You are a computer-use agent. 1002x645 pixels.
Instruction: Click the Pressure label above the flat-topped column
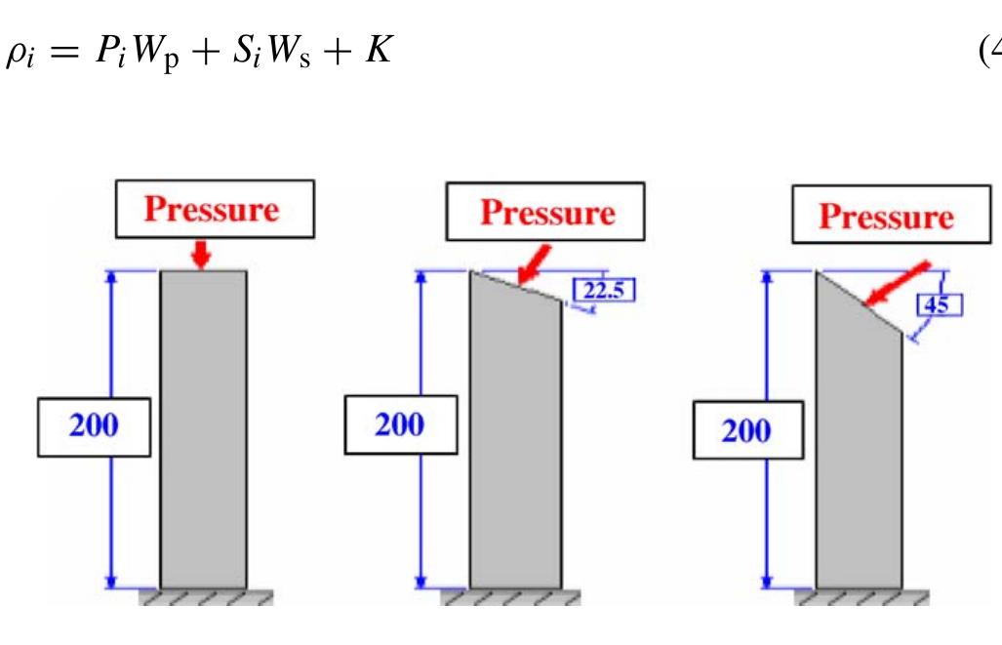click(215, 209)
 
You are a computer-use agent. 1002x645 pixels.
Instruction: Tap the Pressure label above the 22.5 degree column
click(545, 212)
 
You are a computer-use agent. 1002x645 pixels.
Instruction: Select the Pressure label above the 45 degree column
click(892, 215)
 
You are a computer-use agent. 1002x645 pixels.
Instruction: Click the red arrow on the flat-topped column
click(202, 254)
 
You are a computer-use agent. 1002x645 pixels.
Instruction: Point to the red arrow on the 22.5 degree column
click(535, 263)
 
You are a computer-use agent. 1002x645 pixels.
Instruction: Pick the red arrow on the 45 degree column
click(898, 283)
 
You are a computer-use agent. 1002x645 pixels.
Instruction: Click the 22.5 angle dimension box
click(605, 290)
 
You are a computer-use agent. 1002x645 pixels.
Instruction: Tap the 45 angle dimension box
click(940, 304)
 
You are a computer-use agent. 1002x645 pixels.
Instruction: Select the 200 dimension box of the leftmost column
click(95, 427)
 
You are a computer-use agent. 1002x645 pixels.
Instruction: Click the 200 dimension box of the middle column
click(401, 424)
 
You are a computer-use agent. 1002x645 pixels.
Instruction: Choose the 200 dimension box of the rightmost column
click(748, 429)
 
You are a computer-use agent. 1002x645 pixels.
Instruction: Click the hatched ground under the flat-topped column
click(206, 597)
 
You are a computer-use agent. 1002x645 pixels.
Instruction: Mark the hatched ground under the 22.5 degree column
click(510, 597)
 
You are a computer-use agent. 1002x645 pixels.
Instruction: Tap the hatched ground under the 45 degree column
click(862, 597)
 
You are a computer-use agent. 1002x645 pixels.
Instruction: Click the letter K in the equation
click(379, 49)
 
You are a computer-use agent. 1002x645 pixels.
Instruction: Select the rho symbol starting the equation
click(20, 54)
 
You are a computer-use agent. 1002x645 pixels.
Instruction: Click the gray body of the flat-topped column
click(203, 429)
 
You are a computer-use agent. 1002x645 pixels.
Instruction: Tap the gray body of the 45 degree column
click(859, 441)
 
